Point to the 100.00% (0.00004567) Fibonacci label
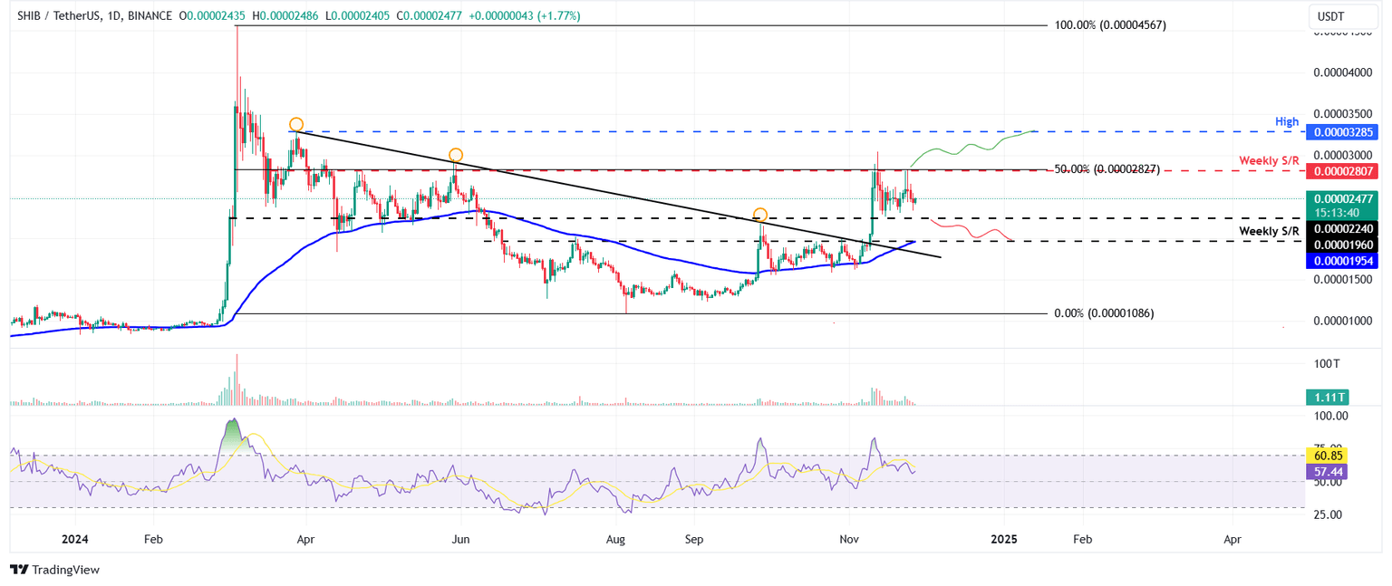point(1110,25)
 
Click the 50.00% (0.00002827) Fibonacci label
point(1107,169)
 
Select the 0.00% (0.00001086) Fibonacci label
point(1104,313)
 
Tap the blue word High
point(1287,121)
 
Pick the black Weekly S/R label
point(1269,233)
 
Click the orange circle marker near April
point(296,124)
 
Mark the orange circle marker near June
point(456,155)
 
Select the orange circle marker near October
point(760,215)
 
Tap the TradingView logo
point(54,570)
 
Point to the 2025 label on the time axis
point(1003,539)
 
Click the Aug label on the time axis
point(615,539)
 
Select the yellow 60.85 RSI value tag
point(1327,455)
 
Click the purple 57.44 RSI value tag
point(1327,472)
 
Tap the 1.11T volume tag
point(1327,397)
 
